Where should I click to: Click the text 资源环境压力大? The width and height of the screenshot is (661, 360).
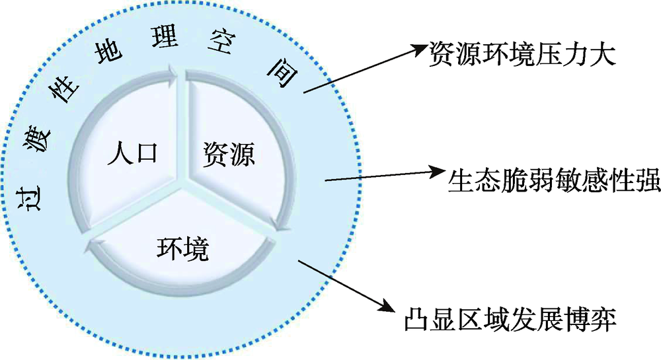[522, 52]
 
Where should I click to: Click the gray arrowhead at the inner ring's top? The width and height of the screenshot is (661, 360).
[173, 71]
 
